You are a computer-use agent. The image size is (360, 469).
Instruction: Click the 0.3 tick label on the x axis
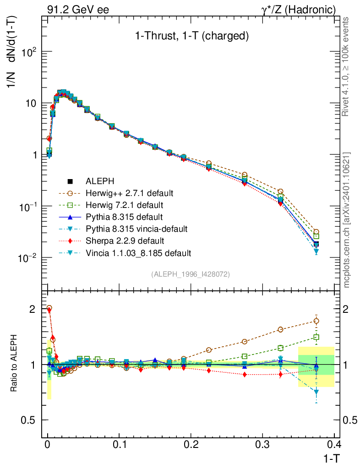[262, 444]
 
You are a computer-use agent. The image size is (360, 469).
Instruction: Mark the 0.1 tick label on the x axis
[119, 444]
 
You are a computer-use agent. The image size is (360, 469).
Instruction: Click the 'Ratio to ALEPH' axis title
[14, 365]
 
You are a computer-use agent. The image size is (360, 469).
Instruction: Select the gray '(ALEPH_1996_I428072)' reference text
[191, 274]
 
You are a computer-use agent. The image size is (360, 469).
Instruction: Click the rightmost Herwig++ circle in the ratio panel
[316, 321]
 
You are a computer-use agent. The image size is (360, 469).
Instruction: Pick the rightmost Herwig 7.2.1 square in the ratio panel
[316, 338]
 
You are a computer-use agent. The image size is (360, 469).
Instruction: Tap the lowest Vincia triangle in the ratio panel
[316, 392]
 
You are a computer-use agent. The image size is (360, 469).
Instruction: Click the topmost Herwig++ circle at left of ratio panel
[49, 308]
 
